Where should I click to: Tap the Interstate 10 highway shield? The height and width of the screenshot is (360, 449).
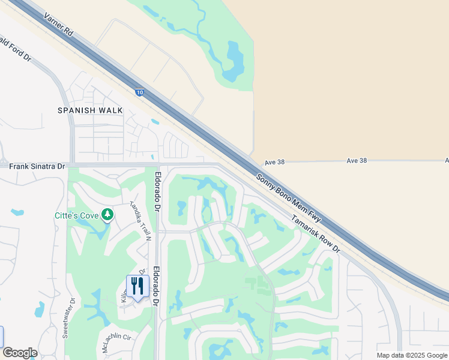[139, 92]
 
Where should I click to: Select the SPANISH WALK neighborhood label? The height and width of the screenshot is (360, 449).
[90, 110]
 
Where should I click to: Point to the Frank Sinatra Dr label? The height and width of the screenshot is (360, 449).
[37, 165]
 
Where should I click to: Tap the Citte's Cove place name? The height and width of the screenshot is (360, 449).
[76, 214]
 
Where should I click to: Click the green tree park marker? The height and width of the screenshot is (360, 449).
[107, 214]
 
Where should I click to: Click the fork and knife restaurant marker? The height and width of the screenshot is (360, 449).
[137, 287]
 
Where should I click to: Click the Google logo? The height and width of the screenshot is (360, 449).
[20, 353]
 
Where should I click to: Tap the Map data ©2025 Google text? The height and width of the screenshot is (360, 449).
[412, 355]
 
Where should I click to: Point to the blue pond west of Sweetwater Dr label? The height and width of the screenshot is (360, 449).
[39, 310]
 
